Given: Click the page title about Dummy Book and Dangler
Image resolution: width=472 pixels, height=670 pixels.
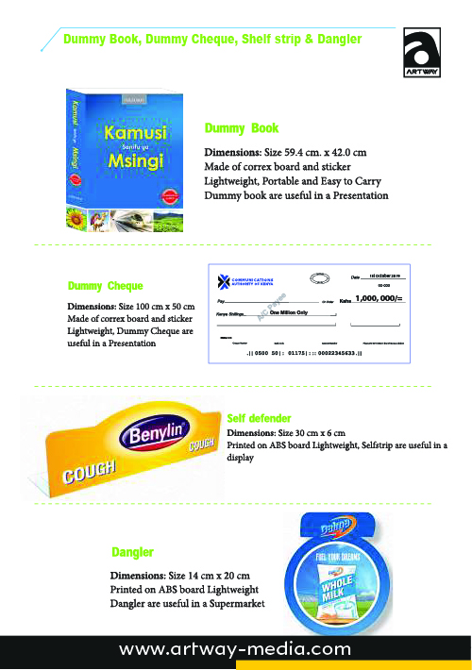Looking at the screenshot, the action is click(211, 39).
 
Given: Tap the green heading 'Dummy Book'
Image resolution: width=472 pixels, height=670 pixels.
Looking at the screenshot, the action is click(241, 127).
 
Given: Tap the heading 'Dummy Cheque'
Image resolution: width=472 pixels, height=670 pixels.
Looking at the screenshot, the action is click(106, 285).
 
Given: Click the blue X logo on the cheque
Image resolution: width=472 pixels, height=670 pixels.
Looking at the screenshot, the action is click(224, 280).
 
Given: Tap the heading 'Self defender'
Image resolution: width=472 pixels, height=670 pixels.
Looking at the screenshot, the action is click(260, 417).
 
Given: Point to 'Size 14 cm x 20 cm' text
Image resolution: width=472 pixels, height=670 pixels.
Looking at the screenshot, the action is click(209, 575).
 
